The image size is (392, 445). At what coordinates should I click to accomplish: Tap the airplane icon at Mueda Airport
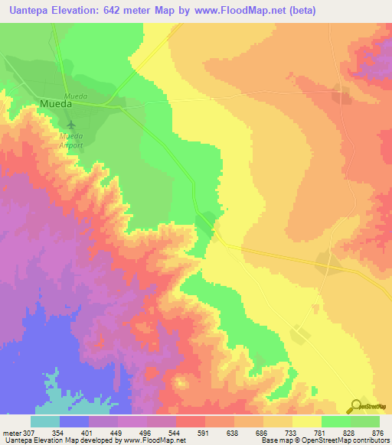click(71, 124)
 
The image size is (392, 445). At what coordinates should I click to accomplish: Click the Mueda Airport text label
click(71, 139)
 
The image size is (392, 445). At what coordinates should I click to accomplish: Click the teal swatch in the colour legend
click(45, 421)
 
